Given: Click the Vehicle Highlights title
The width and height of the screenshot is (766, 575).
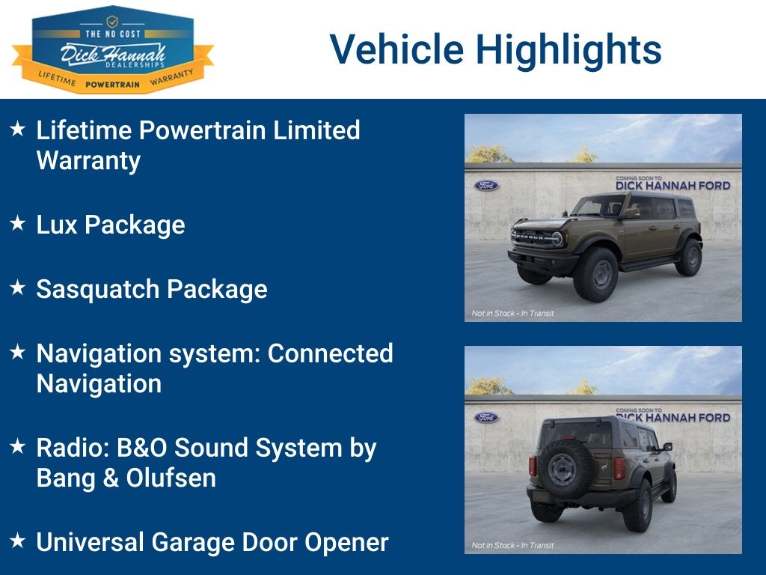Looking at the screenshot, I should pyautogui.click(x=495, y=49).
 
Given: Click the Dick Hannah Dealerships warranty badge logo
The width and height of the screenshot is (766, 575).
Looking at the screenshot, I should pyautogui.click(x=112, y=49).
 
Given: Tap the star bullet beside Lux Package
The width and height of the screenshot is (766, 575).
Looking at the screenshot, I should pyautogui.click(x=18, y=224).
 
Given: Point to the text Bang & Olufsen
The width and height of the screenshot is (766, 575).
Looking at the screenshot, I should pyautogui.click(x=126, y=478).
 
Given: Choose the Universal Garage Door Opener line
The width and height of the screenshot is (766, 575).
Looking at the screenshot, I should pyautogui.click(x=212, y=542).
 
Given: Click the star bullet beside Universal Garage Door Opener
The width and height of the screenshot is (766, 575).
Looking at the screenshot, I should pyautogui.click(x=18, y=540).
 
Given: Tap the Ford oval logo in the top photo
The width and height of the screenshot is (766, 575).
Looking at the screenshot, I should pyautogui.click(x=486, y=185).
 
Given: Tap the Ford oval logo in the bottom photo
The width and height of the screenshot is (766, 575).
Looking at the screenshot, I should pyautogui.click(x=486, y=417).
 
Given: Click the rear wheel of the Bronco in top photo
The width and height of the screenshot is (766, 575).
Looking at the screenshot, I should pyautogui.click(x=688, y=258).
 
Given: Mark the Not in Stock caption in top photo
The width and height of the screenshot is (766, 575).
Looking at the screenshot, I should pyautogui.click(x=512, y=313).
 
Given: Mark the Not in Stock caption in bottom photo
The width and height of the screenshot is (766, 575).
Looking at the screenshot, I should pyautogui.click(x=512, y=545).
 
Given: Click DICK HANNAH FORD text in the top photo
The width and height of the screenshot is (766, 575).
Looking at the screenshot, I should pyautogui.click(x=672, y=186).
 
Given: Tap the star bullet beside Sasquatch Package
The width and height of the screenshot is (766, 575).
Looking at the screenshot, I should pyautogui.click(x=18, y=288).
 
